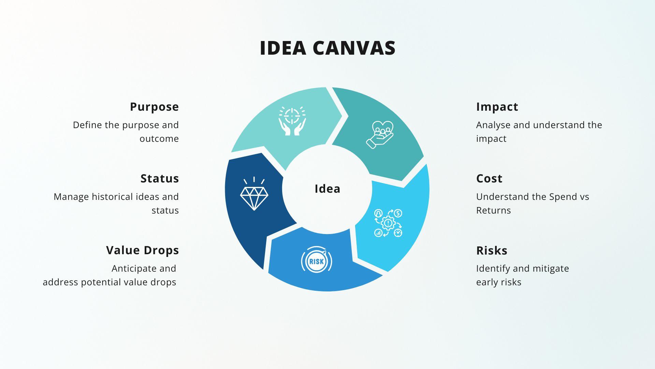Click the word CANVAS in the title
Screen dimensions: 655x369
[354, 48]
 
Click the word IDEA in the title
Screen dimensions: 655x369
[283, 48]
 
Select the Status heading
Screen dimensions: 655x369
[160, 178]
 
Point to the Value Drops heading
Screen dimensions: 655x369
[142, 250]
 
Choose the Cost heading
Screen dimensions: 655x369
[489, 178]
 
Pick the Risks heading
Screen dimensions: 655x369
[492, 250]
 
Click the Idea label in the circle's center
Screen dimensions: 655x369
[327, 189]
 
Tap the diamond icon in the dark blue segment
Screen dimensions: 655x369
[254, 194]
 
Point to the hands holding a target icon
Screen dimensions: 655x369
[292, 121]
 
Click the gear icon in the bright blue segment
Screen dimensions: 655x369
[388, 223]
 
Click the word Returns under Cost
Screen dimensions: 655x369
[493, 210]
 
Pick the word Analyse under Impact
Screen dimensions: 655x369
[493, 125]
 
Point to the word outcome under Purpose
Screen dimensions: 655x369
[159, 139]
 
